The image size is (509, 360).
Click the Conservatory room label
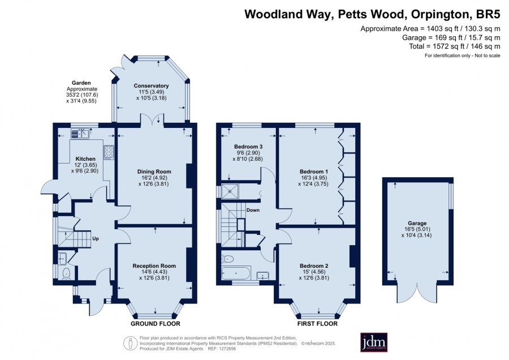pyautogui.click(x=151, y=86)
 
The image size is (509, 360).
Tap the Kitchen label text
pyautogui.click(x=85, y=159)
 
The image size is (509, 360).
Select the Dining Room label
pyautogui.click(x=154, y=172)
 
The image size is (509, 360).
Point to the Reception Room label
pyautogui.click(x=154, y=266)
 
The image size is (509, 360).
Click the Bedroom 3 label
pyautogui.click(x=248, y=147)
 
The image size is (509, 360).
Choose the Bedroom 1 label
pyautogui.click(x=314, y=172)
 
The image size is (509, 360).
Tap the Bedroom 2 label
pyautogui.click(x=314, y=266)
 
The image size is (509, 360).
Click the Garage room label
pyautogui.click(x=417, y=223)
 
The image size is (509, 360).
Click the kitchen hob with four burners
pyautogui.click(x=109, y=152)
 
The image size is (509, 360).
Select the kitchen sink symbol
pyautogui.click(x=80, y=133)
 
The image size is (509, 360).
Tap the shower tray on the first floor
pyautogui.click(x=230, y=191)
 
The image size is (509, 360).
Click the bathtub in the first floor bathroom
pyautogui.click(x=236, y=273)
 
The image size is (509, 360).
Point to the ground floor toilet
pyautogui.click(x=67, y=273)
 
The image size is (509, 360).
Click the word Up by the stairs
pyautogui.click(x=96, y=239)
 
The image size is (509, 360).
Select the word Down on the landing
pyautogui.click(x=253, y=210)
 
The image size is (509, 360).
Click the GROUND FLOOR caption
pyautogui.click(x=156, y=324)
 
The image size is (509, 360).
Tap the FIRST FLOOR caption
pyautogui.click(x=317, y=324)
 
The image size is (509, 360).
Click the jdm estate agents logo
pyautogui.click(x=374, y=342)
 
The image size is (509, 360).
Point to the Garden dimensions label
pyautogui.click(x=82, y=92)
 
